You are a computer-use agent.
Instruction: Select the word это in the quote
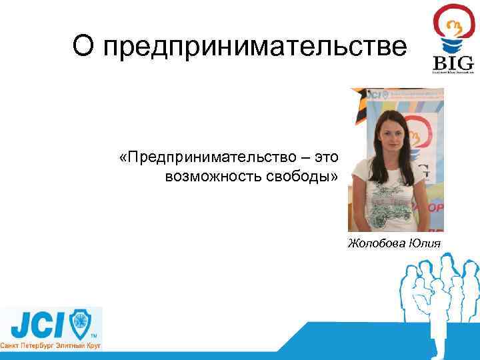coord(327,157)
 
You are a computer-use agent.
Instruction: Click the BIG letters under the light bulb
coord(453,63)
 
